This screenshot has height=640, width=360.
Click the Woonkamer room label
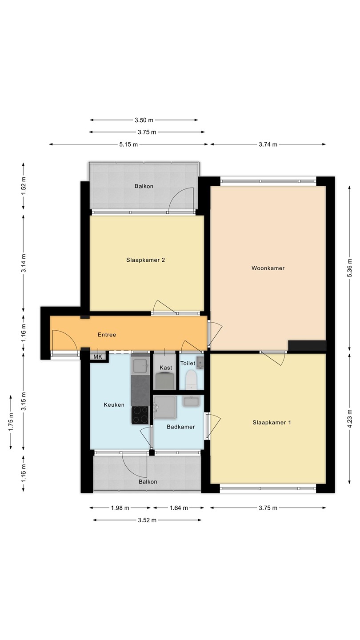pyautogui.click(x=268, y=268)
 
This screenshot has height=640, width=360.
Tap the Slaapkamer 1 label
pyautogui.click(x=272, y=422)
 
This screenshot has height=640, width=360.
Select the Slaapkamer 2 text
pyautogui.click(x=146, y=260)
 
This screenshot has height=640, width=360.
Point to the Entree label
pyautogui.click(x=107, y=335)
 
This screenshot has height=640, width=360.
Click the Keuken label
pyautogui.click(x=114, y=404)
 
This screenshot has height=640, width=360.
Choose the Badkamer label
pyautogui.click(x=181, y=427)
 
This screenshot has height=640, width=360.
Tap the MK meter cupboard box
pyautogui.click(x=98, y=357)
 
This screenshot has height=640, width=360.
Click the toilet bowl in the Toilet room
pyautogui.click(x=190, y=380)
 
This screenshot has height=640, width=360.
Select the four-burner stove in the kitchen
pyautogui.click(x=140, y=415)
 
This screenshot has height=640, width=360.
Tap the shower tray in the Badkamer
pyautogui.click(x=164, y=407)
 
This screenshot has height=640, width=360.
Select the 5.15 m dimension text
pyautogui.click(x=128, y=144)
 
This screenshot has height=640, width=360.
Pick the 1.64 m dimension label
pyautogui.click(x=179, y=508)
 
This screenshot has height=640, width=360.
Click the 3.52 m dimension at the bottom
pyautogui.click(x=147, y=520)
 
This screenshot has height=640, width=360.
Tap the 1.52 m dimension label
pyautogui.click(x=24, y=186)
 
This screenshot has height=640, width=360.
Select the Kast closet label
pyautogui.click(x=166, y=368)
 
